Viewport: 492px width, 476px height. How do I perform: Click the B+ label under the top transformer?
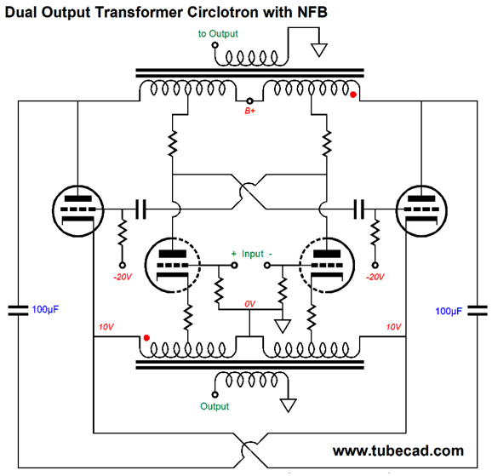click(249, 111)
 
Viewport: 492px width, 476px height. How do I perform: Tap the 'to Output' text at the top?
click(218, 33)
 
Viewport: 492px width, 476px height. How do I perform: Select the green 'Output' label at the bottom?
click(215, 406)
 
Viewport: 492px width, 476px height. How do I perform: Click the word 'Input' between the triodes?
click(253, 254)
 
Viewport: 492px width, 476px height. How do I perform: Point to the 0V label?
click(249, 304)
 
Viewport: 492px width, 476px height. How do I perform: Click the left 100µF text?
click(45, 310)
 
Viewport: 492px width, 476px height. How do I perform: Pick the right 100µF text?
click(449, 311)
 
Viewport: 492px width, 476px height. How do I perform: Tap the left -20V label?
click(123, 277)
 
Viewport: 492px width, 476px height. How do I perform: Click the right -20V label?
click(375, 277)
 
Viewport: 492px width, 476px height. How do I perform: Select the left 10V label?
click(106, 327)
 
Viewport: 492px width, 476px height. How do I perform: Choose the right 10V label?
click(393, 327)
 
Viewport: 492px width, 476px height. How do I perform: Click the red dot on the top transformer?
click(353, 95)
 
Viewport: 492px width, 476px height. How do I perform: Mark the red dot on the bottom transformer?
click(146, 338)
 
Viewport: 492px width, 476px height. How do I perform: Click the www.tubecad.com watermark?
click(398, 451)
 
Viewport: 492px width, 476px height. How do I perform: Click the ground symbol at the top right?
click(319, 50)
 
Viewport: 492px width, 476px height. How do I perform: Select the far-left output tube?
click(77, 211)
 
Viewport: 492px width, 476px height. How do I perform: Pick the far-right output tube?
click(421, 211)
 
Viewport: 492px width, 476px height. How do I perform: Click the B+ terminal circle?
click(249, 100)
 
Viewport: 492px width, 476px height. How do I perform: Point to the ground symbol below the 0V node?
click(283, 326)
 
